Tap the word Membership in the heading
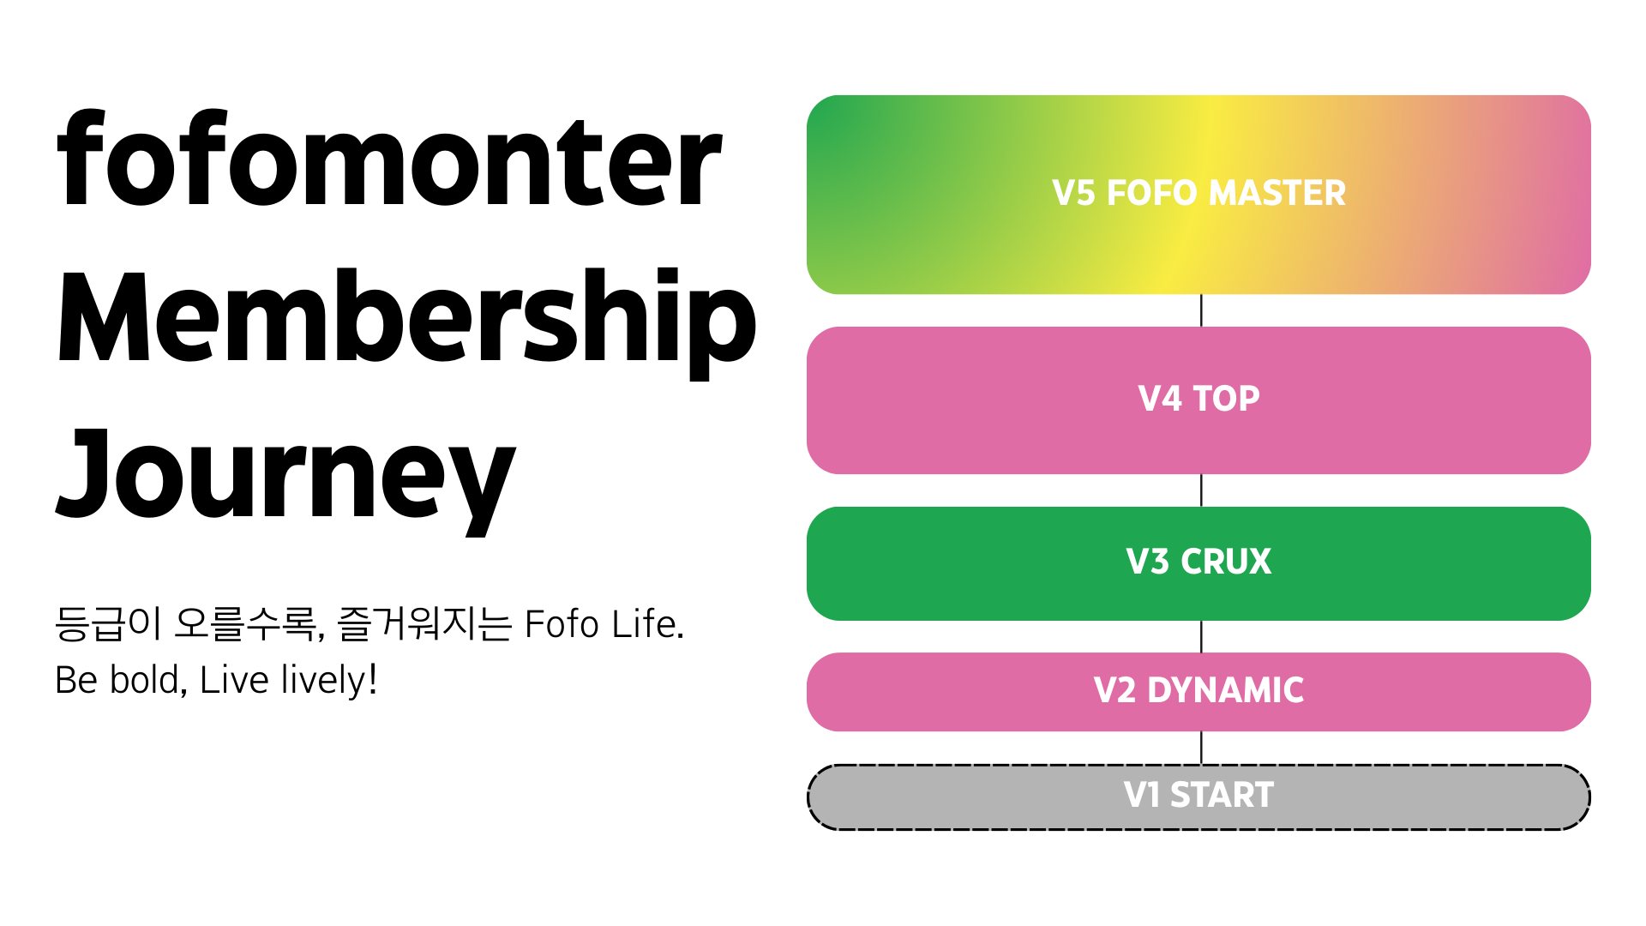click(406, 318)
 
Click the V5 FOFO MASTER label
click(1198, 194)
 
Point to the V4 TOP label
click(1198, 400)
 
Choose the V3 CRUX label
click(1198, 562)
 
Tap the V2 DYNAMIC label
click(1198, 691)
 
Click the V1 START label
click(1198, 796)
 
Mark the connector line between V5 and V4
click(1201, 310)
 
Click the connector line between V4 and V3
click(1201, 490)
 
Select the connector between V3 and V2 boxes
click(1201, 636)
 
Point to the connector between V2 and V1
click(1201, 748)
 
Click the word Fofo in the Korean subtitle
click(562, 624)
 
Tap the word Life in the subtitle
click(647, 624)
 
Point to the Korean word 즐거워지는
click(425, 624)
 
